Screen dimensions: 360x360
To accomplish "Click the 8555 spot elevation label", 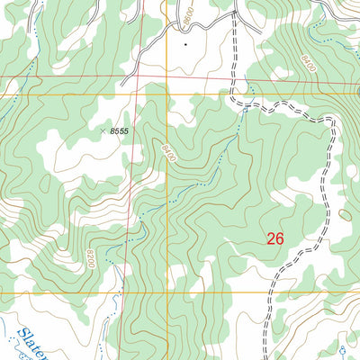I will click(x=121, y=131).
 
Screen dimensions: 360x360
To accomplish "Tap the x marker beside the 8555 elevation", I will click(x=101, y=130).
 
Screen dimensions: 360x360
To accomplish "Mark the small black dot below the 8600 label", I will click(x=185, y=42).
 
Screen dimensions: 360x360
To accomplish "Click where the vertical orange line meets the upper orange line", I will click(x=164, y=94).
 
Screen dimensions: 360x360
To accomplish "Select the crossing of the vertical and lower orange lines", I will click(x=164, y=293).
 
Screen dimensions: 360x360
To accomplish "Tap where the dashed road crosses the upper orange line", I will click(x=232, y=94).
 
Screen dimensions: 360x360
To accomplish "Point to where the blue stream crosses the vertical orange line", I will click(x=164, y=205).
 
